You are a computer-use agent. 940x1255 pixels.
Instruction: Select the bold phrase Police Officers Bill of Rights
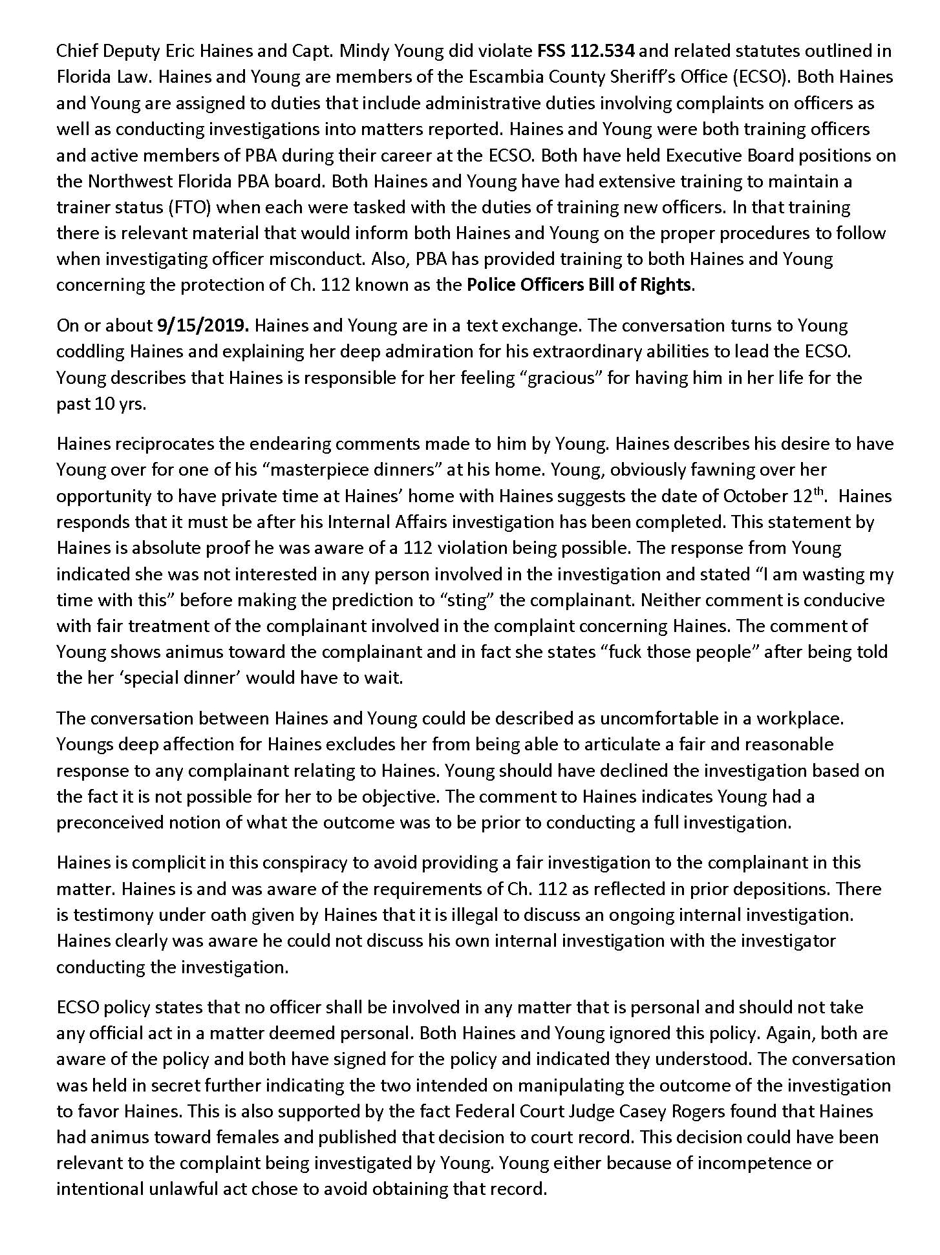point(579,285)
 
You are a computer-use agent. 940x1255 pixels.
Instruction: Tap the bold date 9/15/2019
point(203,325)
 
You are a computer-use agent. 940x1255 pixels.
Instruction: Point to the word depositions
point(784,889)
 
